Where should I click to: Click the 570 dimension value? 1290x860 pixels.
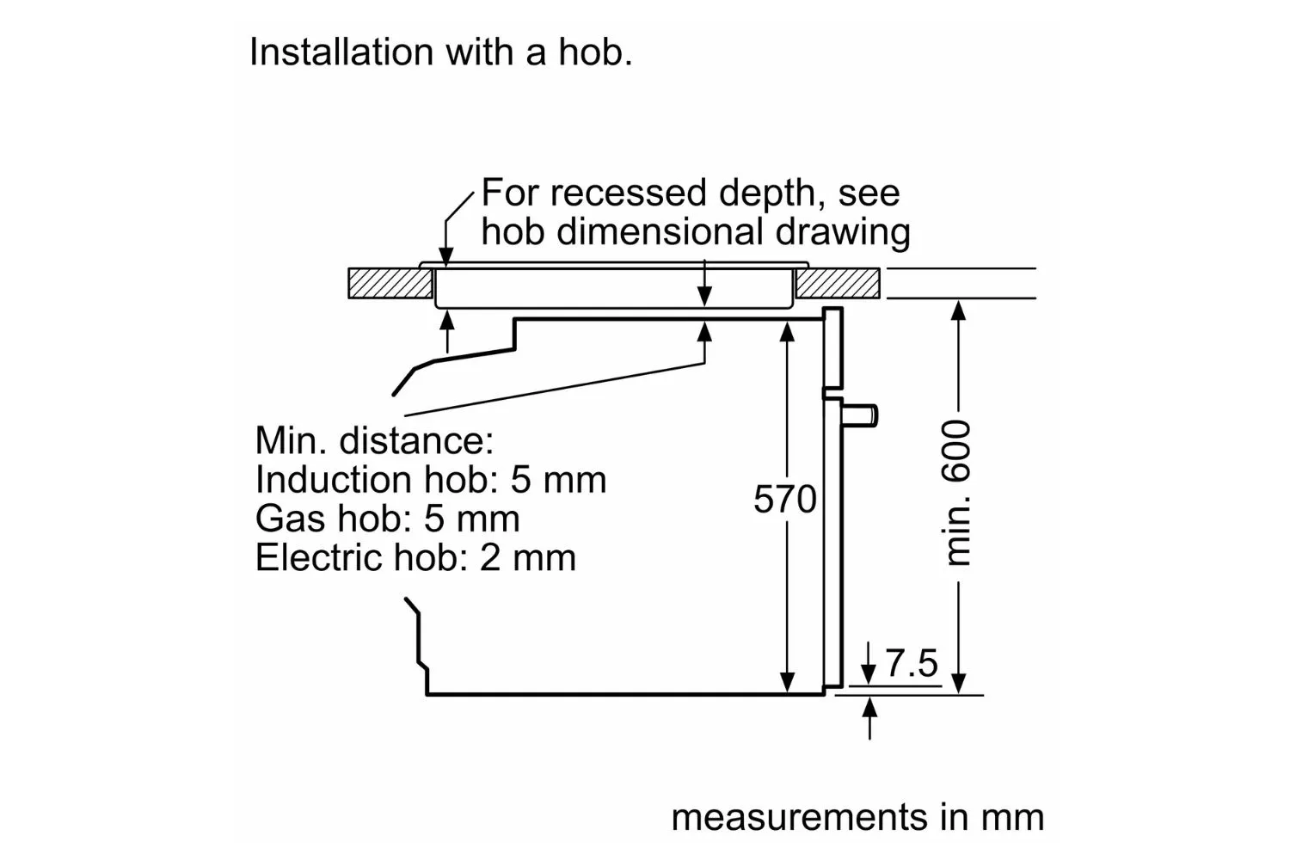[785, 499]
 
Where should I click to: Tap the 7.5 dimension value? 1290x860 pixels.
[912, 663]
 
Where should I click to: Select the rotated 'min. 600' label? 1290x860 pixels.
[956, 493]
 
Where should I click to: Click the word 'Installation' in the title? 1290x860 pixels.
[341, 52]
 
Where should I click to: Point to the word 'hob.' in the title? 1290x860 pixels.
[595, 52]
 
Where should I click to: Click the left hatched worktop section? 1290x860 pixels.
[390, 284]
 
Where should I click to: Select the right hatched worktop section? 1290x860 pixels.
[838, 284]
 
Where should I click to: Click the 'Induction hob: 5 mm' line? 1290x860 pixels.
[431, 479]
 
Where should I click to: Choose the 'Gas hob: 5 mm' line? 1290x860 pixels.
[388, 519]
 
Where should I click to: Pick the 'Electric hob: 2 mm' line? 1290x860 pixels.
[415, 557]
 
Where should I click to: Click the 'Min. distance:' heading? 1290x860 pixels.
[374, 440]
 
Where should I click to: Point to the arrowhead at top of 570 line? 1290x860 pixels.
[787, 332]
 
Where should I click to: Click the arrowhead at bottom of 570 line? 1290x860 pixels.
[787, 682]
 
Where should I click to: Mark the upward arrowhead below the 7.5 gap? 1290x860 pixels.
[869, 708]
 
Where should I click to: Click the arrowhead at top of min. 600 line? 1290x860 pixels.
[958, 310]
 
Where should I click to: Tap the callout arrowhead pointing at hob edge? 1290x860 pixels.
[445, 257]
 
